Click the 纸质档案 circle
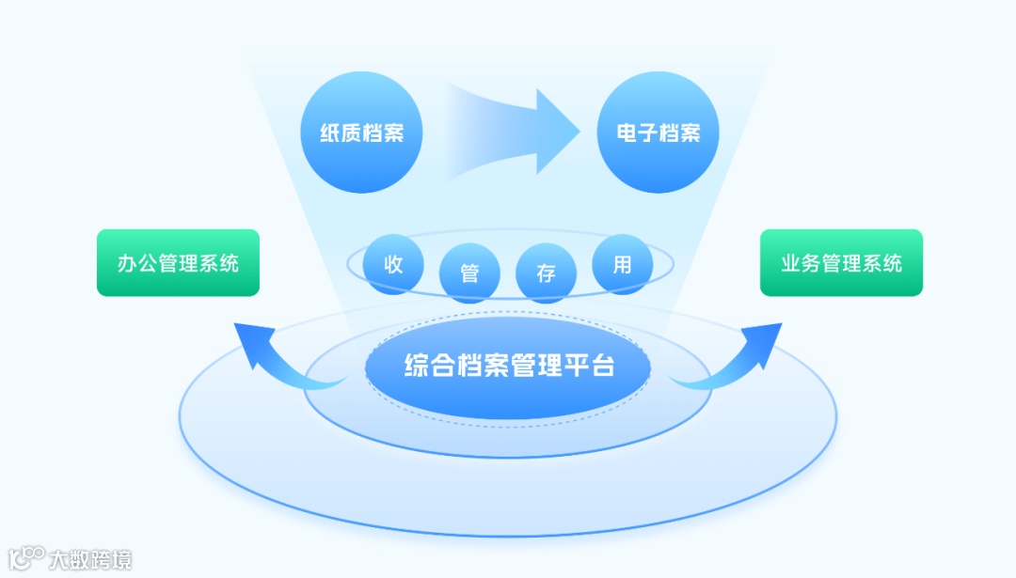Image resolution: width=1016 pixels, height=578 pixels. pyautogui.click(x=361, y=133)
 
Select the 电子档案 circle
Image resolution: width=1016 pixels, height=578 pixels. pyautogui.click(x=659, y=133)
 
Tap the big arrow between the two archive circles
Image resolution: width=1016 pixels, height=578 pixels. pyautogui.click(x=513, y=132)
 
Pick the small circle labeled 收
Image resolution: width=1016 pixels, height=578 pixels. pyautogui.click(x=393, y=264)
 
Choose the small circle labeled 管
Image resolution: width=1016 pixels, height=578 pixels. pyautogui.click(x=469, y=273)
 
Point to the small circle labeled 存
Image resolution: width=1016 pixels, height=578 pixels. pyautogui.click(x=546, y=273)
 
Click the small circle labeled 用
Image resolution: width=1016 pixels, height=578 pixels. pyautogui.click(x=622, y=264)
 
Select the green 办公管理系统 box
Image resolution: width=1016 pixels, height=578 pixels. pyautogui.click(x=178, y=263)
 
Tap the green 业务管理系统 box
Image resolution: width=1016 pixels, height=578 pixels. pyautogui.click(x=841, y=263)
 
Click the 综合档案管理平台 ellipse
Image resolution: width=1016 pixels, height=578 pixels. pyautogui.click(x=508, y=367)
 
